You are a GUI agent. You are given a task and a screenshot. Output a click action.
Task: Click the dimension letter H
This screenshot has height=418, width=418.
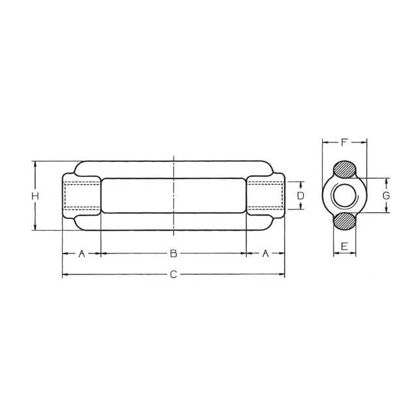pos(35,196)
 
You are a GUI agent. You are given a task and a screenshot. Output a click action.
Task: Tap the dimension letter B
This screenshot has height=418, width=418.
pos(174,253)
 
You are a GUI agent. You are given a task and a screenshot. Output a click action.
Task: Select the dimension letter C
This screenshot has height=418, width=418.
pos(174,274)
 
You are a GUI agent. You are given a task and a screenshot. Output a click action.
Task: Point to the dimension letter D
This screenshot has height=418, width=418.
pos(300,196)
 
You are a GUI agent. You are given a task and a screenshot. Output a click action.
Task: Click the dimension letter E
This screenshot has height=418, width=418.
pos(344,246)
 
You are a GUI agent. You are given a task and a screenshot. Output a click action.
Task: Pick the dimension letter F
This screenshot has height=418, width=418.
pos(344,142)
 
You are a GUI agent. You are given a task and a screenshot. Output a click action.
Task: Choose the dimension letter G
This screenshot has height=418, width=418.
pos(386,196)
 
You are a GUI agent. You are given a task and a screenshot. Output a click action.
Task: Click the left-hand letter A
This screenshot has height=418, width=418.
pos(82,253)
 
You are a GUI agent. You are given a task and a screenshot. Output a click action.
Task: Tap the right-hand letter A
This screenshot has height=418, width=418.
pos(266,253)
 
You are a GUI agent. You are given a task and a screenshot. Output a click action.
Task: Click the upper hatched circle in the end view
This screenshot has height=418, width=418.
pos(345,170)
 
